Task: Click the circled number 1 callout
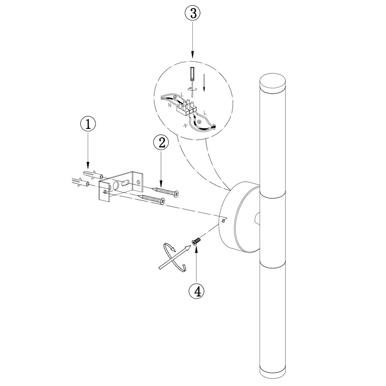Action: [x=88, y=125]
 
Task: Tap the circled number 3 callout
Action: [x=193, y=14]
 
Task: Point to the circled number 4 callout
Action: [x=196, y=291]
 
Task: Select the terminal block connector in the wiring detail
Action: [x=187, y=107]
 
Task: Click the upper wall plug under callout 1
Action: [x=93, y=174]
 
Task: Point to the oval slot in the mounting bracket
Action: [x=125, y=184]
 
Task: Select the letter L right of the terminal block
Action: [x=205, y=113]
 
